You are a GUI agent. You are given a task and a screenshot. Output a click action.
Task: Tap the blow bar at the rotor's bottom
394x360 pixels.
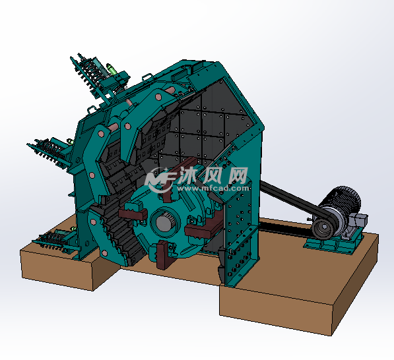click(162, 255)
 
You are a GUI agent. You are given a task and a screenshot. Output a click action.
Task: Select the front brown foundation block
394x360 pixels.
click(277, 310)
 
